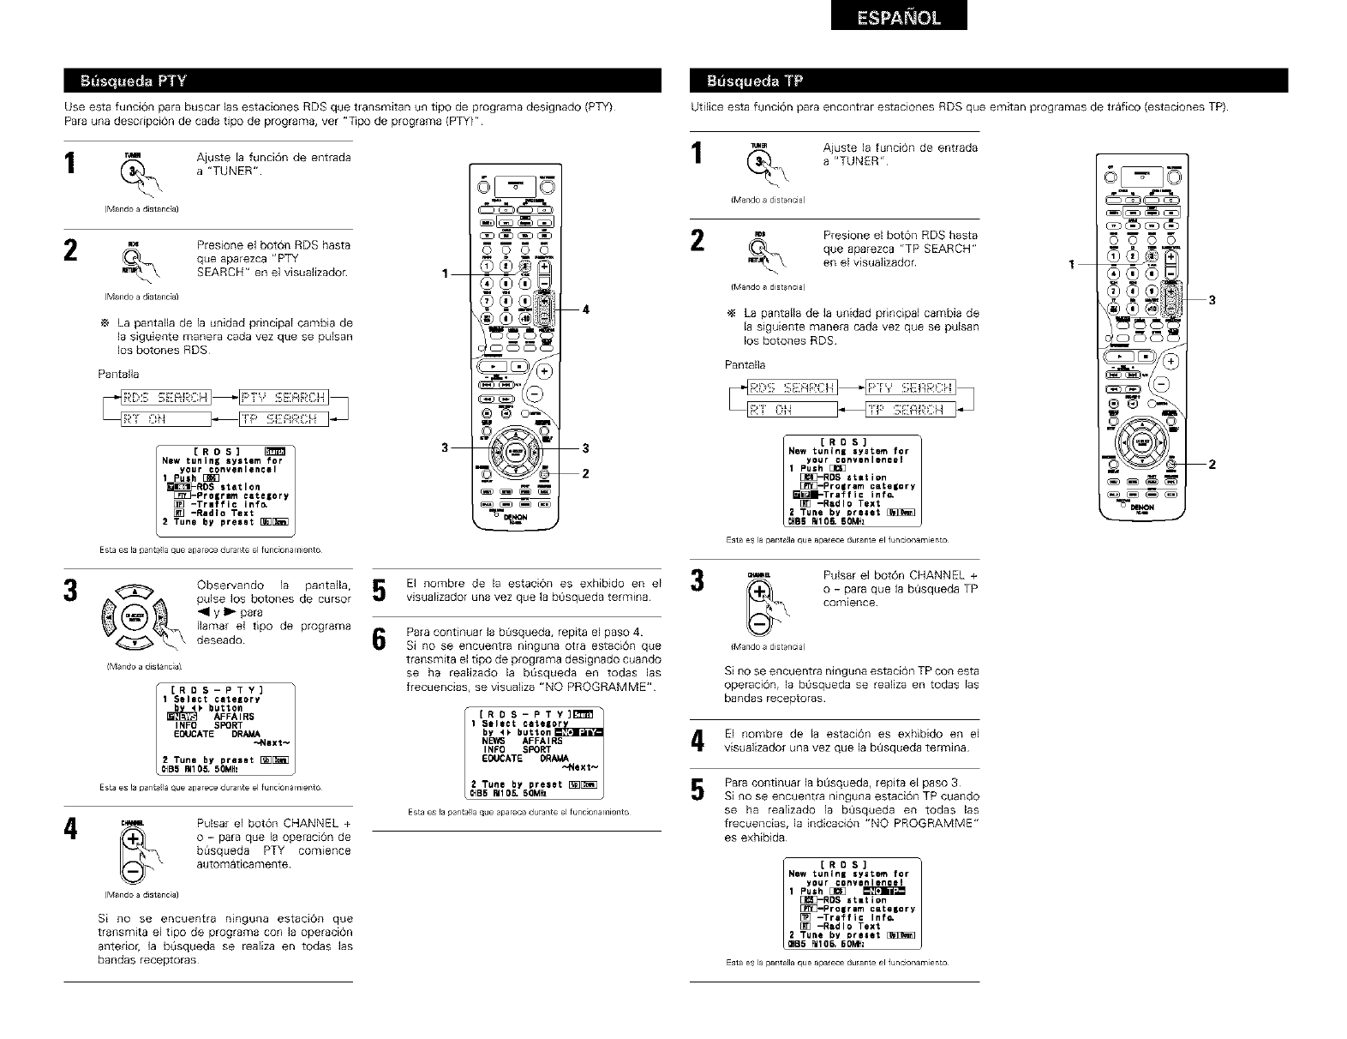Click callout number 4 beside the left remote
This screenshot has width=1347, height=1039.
586,309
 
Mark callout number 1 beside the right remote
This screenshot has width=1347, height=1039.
1070,263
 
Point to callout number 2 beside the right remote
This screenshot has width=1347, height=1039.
1212,465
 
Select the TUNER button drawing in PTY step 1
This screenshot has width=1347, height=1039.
133,170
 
